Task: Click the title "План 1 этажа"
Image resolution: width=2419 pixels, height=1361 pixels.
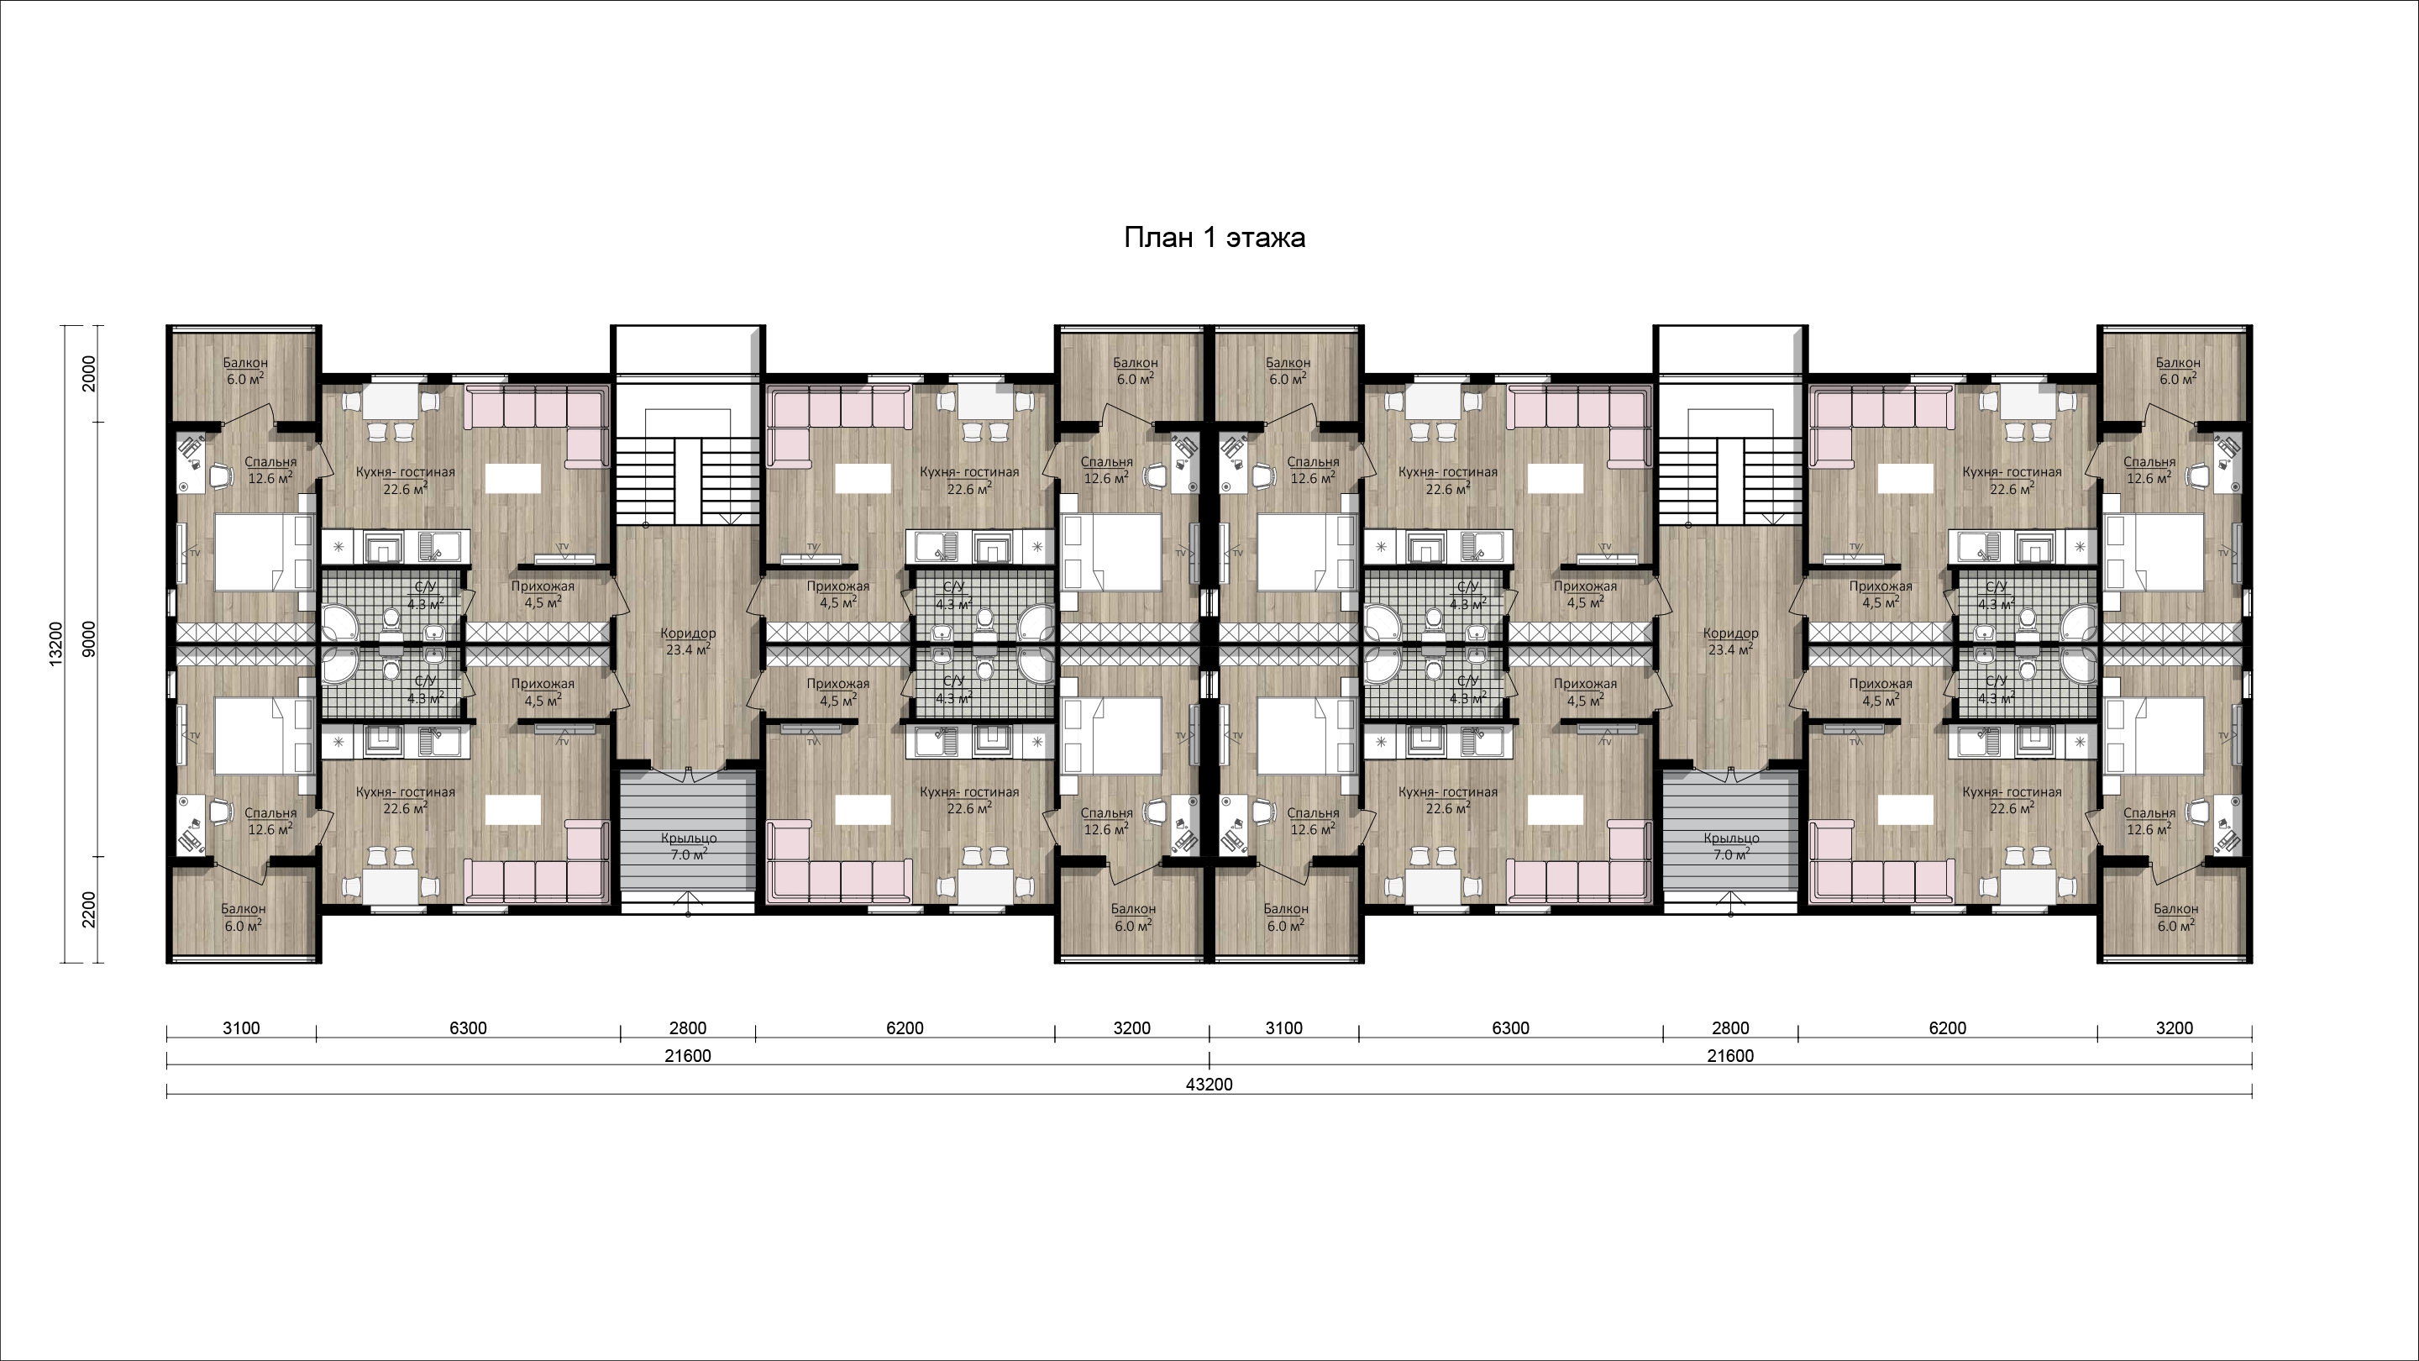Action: pyautogui.click(x=1215, y=238)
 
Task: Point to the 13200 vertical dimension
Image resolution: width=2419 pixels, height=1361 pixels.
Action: pyautogui.click(x=56, y=644)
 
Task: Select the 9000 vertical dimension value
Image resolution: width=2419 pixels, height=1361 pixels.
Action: pyautogui.click(x=88, y=638)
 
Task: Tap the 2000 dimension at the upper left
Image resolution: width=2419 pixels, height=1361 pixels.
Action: pyautogui.click(x=88, y=374)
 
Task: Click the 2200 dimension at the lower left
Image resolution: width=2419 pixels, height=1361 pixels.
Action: pyautogui.click(x=88, y=909)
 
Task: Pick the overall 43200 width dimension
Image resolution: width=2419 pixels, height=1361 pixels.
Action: pyautogui.click(x=1209, y=1084)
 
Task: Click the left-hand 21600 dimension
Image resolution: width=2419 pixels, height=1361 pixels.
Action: pyautogui.click(x=689, y=1056)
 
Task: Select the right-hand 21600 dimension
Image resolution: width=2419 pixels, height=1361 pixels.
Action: pyautogui.click(x=1730, y=1056)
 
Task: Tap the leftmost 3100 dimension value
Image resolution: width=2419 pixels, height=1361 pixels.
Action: pyautogui.click(x=241, y=1027)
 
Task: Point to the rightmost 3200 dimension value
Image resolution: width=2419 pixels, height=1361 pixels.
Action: pyautogui.click(x=2175, y=1027)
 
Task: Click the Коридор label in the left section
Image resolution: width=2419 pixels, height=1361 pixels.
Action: pyautogui.click(x=689, y=633)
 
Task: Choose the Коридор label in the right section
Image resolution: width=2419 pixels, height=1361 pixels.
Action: pyautogui.click(x=1730, y=633)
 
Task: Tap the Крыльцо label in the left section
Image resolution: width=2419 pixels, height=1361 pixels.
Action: pyautogui.click(x=689, y=838)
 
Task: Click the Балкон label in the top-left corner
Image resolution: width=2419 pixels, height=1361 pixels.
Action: pyautogui.click(x=245, y=363)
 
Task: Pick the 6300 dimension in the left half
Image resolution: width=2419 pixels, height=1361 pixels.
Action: pyautogui.click(x=468, y=1027)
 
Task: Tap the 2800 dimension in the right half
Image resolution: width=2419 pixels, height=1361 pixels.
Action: pyautogui.click(x=1730, y=1027)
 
